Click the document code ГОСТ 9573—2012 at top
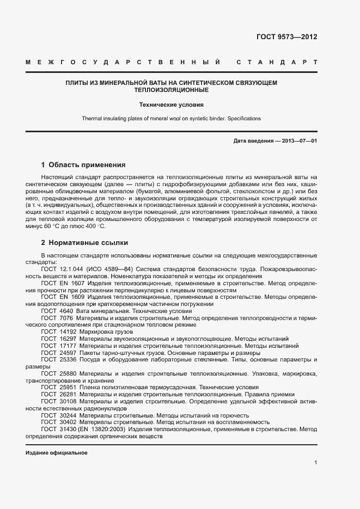pyautogui.click(x=286, y=38)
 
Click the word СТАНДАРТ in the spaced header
pyautogui.click(x=276, y=63)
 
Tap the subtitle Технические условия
pyautogui.click(x=172, y=104)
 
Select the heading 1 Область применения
pyautogui.click(x=83, y=165)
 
